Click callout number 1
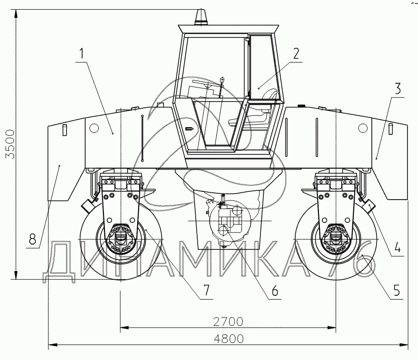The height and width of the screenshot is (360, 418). (82, 53)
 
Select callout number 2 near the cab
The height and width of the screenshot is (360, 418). (296, 53)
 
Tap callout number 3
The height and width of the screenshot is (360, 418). (398, 88)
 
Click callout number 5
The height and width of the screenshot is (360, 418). (397, 290)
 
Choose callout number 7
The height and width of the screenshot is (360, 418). (207, 290)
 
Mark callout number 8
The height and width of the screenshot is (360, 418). (32, 239)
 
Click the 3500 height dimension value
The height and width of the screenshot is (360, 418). (11, 144)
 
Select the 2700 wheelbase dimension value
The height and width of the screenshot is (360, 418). (228, 322)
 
